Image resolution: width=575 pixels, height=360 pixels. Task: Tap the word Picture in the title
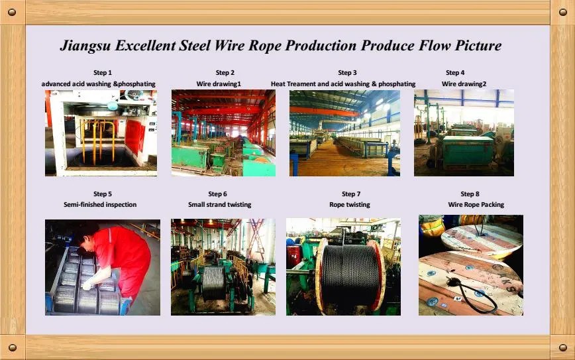478,45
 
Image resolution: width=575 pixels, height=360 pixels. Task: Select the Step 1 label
103,73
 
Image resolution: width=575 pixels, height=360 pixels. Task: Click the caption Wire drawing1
219,84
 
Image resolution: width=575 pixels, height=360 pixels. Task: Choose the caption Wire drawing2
464,84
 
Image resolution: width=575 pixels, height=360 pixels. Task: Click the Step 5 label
103,194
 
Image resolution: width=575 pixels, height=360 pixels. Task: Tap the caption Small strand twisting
220,204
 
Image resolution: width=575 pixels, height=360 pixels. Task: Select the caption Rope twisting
350,204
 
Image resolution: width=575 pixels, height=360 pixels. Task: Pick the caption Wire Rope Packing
476,204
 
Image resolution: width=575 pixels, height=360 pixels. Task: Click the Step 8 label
470,194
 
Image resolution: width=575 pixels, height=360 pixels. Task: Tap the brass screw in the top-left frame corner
12,12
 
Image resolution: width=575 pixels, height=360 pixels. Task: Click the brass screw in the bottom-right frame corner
563,347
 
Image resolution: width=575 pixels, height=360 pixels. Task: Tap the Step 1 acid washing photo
101,133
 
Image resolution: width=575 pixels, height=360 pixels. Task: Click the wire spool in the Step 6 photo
213,282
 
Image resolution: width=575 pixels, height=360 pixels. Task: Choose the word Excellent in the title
145,46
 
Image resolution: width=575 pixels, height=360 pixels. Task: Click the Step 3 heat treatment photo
344,133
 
